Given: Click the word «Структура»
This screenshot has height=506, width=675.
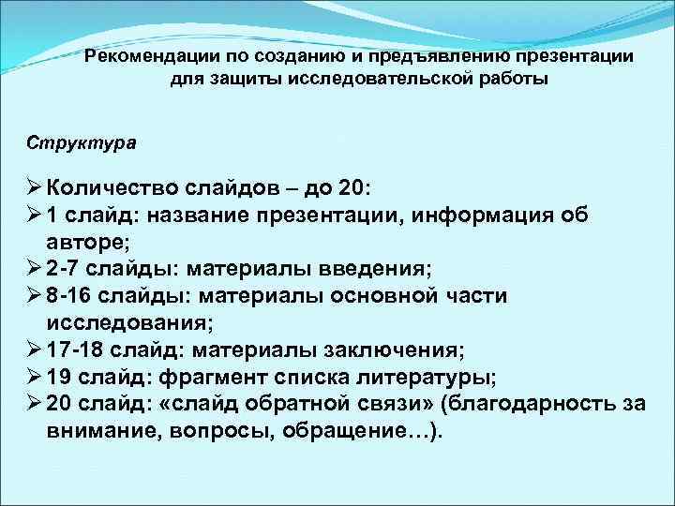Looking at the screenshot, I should coord(82,144).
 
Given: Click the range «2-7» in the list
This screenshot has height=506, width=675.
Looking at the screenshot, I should coord(62,269).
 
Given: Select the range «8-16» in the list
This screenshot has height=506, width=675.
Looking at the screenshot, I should coord(68,296).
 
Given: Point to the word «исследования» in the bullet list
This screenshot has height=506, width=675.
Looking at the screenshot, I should coord(127,323).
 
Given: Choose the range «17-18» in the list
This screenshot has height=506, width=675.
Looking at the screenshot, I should coord(75,350).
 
